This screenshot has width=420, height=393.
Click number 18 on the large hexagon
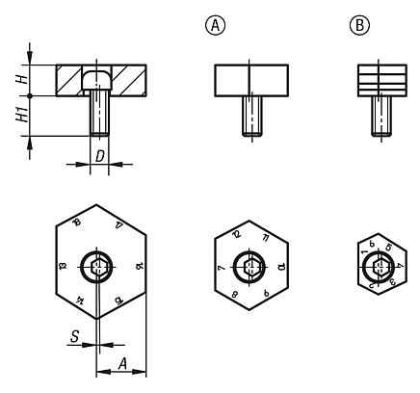76,225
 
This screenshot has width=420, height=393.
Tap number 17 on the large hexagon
118,225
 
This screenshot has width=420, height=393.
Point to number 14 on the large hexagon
77,301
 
